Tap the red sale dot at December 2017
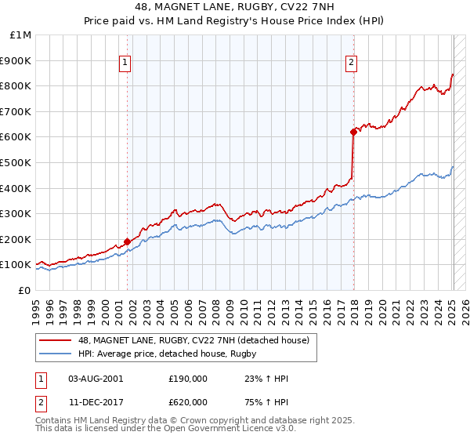(353, 132)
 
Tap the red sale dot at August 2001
(127, 242)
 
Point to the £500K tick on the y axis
(16, 162)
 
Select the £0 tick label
(23, 290)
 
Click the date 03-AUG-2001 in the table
(96, 379)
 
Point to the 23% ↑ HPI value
(261, 379)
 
